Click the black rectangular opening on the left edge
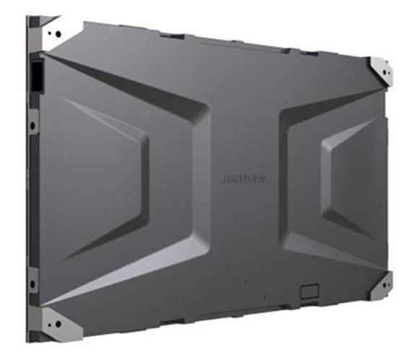(x=35, y=75)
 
